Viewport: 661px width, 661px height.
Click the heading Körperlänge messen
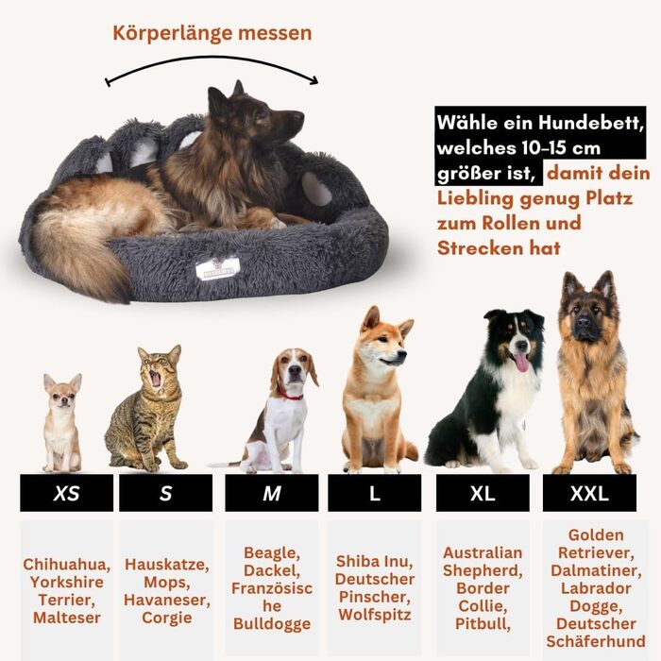(212, 33)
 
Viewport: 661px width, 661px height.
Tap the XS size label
(67, 493)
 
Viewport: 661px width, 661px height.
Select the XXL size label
(589, 493)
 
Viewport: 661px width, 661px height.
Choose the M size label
(272, 493)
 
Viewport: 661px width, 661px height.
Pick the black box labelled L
(374, 493)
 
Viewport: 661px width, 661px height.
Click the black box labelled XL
(483, 493)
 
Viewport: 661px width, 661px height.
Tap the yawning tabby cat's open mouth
(156, 378)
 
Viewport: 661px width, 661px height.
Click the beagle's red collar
(290, 396)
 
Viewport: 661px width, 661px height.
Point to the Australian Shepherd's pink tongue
(522, 362)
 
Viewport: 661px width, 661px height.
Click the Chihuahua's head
(63, 391)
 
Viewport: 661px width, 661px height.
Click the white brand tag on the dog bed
(217, 267)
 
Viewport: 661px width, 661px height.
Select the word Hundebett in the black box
(590, 123)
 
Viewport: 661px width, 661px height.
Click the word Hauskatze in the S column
(167, 565)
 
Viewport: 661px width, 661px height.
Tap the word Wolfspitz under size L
(375, 615)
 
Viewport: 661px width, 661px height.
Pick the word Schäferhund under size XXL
(596, 641)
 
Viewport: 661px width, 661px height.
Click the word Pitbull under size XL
(483, 624)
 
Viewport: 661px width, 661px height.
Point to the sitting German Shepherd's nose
(584, 323)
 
